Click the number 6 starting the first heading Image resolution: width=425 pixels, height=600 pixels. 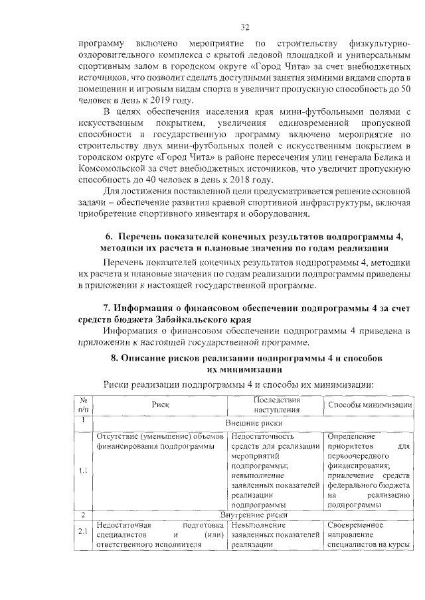pos(108,237)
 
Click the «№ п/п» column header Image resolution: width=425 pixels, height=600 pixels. pos(84,405)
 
